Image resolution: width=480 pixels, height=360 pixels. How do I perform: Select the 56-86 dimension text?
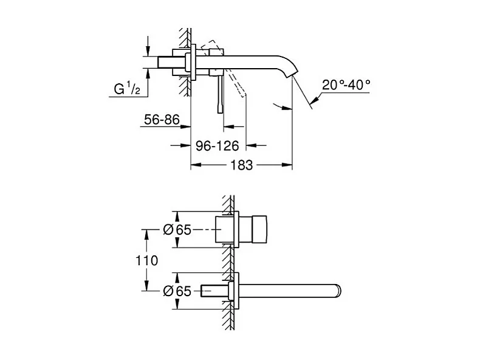162,120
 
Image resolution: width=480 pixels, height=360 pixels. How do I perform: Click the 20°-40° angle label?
346,86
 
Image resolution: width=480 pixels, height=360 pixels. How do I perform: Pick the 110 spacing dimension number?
148,260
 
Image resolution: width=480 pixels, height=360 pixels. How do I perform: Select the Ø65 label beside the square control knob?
177,230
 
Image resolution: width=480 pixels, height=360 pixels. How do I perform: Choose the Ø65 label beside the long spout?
177,291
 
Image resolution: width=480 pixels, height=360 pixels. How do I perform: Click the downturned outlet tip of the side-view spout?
293,74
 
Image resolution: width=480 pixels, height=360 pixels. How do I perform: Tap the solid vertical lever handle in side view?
220,94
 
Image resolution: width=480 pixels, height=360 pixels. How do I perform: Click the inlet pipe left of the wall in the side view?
167,63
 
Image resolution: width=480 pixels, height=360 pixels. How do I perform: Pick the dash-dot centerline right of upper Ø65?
207,230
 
